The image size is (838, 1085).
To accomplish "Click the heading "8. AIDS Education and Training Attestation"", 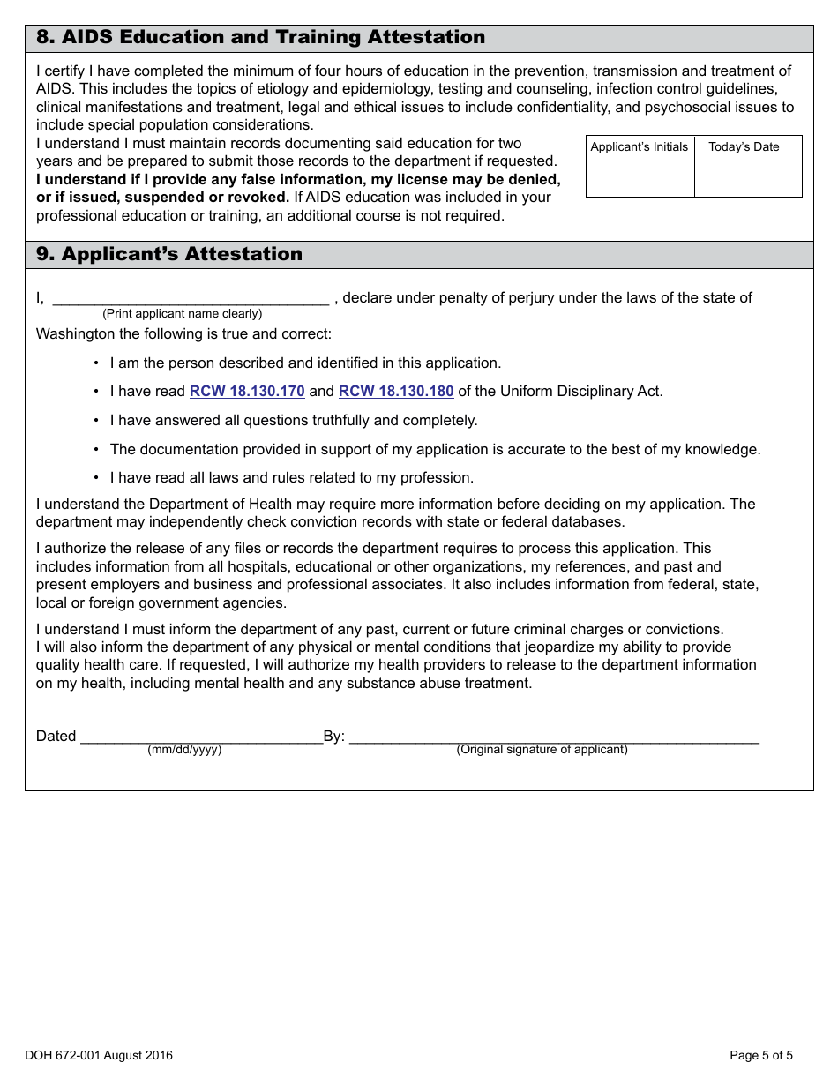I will (260, 38).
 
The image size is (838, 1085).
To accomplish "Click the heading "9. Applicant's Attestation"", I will (169, 255).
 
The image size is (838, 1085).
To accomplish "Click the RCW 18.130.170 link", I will (247, 392).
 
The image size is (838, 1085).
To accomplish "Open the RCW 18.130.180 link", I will (396, 392).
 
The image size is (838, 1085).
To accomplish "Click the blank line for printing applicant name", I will (191, 298).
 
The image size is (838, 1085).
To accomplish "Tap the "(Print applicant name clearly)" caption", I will (182, 314).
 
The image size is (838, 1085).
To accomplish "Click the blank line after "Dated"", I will (201, 737).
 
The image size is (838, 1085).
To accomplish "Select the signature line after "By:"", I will (554, 737).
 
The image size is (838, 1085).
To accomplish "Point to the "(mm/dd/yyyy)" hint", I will (184, 750).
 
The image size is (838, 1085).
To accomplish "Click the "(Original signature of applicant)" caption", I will (542, 750).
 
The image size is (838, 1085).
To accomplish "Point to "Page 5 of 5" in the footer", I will (761, 1056).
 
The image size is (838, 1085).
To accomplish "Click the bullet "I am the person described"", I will (305, 363).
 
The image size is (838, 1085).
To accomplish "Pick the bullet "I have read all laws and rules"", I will (292, 478).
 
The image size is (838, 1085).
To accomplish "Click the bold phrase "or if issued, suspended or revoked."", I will (162, 198).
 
